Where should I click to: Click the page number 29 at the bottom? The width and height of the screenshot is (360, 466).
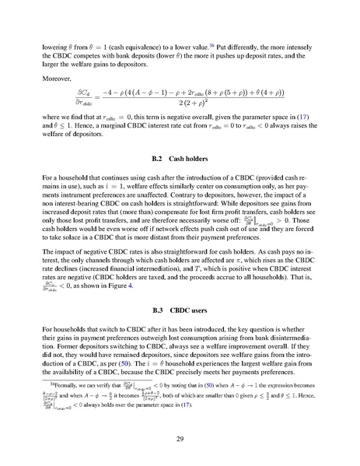coord(180,438)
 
